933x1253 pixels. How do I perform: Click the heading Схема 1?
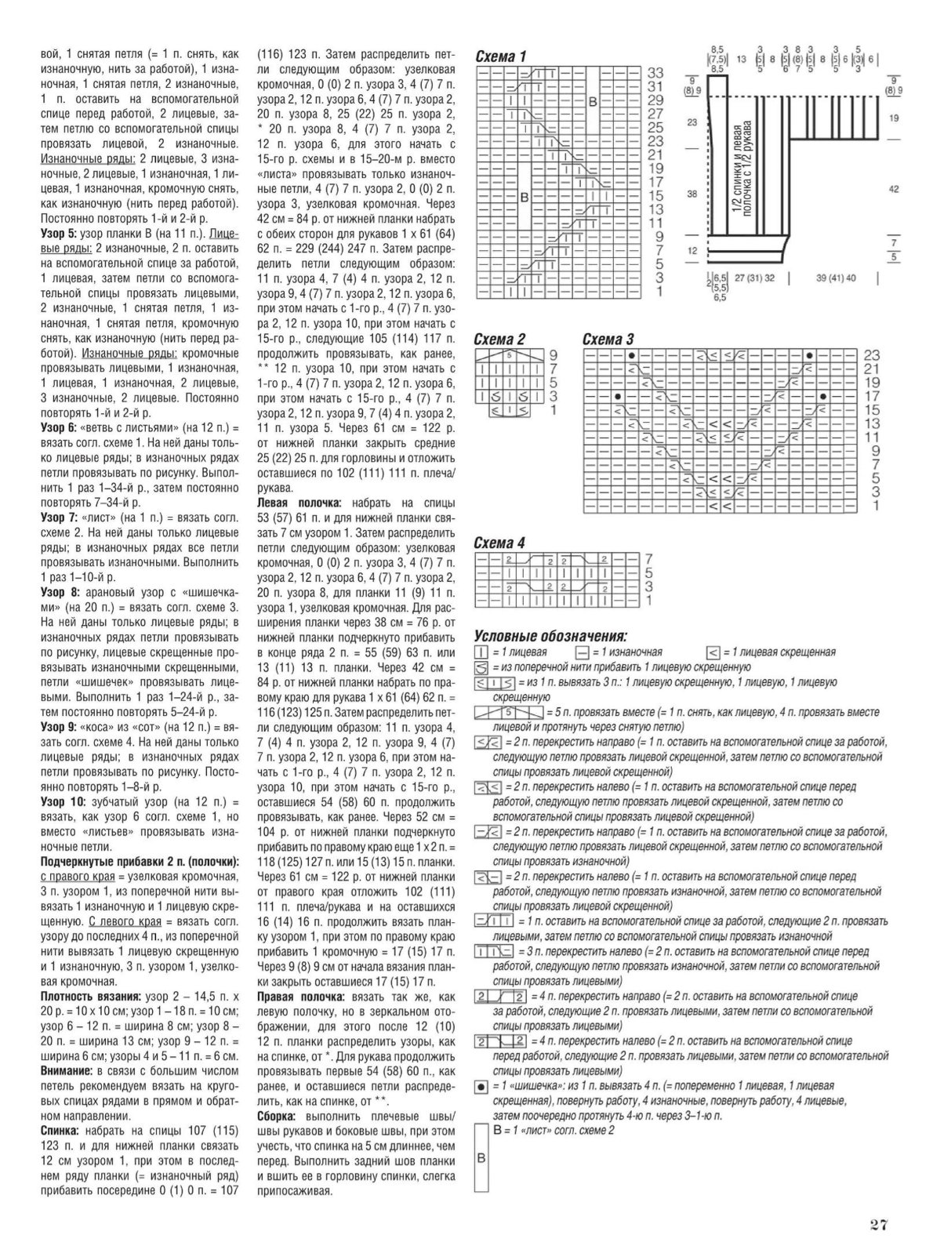501,56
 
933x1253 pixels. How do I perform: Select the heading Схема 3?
608,339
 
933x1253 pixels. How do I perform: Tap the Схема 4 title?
500,543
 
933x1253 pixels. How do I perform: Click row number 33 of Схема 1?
655,73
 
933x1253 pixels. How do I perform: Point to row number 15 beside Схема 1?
655,196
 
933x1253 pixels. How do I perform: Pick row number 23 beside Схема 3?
871,355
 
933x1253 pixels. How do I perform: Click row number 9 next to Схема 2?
553,354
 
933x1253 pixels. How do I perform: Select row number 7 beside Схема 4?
648,558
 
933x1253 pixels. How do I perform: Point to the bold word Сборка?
277,1117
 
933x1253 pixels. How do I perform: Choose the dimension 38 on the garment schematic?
692,194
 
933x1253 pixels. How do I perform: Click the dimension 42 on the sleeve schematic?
894,189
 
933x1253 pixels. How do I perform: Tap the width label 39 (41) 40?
835,278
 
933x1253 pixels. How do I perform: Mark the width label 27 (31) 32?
754,278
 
